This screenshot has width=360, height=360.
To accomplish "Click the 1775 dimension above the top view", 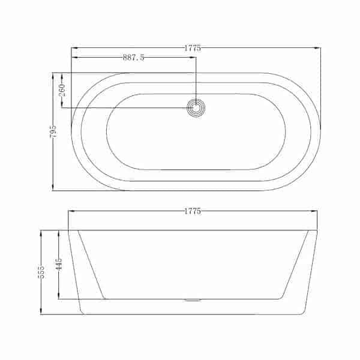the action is [193, 48].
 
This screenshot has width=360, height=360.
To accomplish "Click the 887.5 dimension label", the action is [133, 58].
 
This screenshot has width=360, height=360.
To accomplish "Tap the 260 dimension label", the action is [62, 90].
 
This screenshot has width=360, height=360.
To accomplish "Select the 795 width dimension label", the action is [53, 131].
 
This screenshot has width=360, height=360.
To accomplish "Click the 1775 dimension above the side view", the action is [193, 211].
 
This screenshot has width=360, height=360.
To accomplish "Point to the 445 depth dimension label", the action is [59, 264].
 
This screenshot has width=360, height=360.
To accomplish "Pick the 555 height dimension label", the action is [41, 272].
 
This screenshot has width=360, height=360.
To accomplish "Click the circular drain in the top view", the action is [196, 108].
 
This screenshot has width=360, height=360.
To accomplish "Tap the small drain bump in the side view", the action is [193, 300].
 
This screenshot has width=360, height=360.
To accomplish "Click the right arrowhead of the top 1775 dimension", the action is [317, 48].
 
